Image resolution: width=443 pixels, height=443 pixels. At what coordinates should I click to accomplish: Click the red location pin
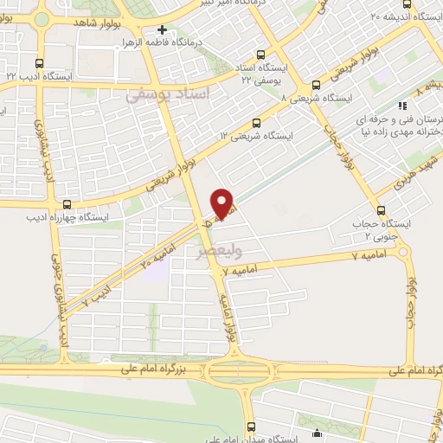(223, 202)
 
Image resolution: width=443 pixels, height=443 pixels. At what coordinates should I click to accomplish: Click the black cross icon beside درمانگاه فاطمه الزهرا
(162, 30)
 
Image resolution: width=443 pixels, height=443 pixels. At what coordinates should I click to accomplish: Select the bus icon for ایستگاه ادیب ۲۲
(39, 62)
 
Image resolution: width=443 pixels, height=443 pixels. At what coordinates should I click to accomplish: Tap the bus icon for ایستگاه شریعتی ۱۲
(255, 124)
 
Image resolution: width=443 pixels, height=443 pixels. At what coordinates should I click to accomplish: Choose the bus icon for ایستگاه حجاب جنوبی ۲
(381, 211)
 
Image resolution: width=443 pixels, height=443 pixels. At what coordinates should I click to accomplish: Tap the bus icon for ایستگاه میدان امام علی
(252, 427)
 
